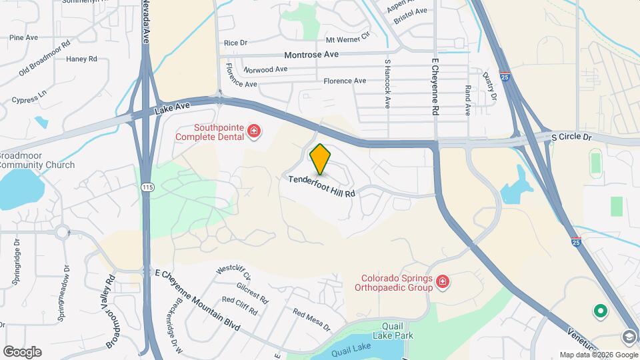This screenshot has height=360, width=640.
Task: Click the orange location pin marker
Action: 321,159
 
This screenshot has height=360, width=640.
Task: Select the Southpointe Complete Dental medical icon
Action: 253,133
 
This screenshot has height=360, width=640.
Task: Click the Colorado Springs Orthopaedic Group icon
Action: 442,284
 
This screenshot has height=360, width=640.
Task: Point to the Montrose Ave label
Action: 311,54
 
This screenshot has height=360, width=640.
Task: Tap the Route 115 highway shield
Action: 148,188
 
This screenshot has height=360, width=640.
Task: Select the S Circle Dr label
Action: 572,137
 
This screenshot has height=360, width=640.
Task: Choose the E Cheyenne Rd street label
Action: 435,87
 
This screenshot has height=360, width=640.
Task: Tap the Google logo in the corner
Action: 22,351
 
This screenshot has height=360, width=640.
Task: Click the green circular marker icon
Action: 600,311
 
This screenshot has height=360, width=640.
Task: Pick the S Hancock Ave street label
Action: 387,83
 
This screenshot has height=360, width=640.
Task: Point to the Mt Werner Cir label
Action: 347,41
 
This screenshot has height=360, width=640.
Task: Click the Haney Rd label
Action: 82,59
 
